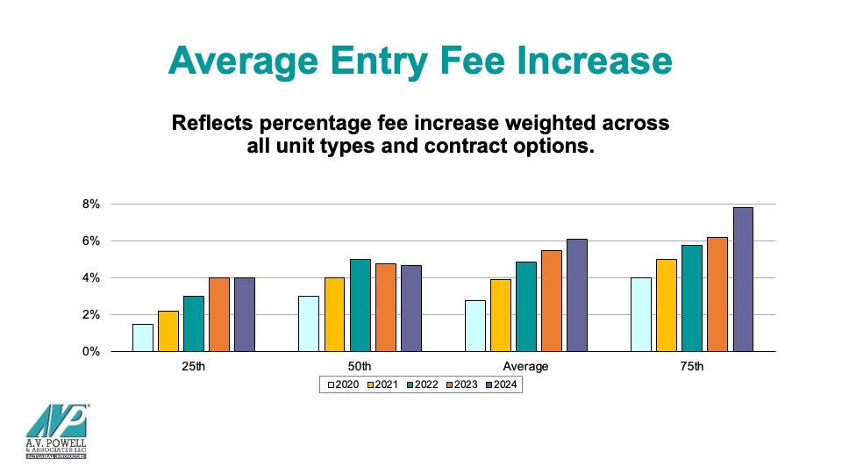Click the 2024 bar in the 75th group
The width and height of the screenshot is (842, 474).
[743, 279]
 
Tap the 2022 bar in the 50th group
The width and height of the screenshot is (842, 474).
[360, 305]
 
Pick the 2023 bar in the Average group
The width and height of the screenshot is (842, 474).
[551, 301]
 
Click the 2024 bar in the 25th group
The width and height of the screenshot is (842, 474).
[244, 314]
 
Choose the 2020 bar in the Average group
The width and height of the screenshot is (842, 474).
[475, 326]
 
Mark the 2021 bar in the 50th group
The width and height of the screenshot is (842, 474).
[335, 314]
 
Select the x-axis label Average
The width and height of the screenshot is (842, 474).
[525, 366]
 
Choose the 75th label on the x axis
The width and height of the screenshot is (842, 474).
[692, 366]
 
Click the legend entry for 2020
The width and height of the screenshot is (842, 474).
[343, 384]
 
